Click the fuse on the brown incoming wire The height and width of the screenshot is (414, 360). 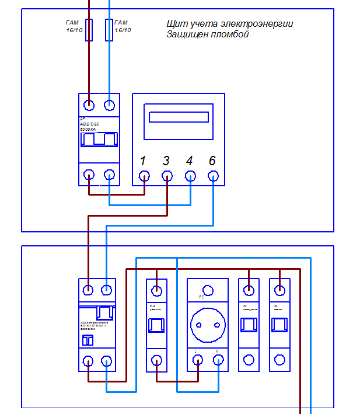[89, 30]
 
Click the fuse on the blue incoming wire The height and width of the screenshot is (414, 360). [109, 30]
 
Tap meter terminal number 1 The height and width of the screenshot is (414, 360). [144, 175]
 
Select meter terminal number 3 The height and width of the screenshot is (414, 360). [167, 175]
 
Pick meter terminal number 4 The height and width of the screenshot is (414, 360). [190, 175]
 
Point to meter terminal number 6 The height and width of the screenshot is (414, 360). [213, 175]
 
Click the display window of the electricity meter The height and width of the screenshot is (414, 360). [179, 117]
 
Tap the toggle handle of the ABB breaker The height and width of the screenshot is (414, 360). [99, 140]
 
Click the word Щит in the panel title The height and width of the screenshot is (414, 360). [174, 24]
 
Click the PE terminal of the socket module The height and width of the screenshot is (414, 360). [207, 290]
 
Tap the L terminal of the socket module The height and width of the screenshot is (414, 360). [198, 361]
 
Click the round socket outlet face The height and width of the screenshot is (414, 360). [207, 325]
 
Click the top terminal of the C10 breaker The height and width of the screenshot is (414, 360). [156, 290]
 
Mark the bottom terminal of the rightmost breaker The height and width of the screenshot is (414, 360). [279, 360]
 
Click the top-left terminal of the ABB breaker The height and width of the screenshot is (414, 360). [89, 105]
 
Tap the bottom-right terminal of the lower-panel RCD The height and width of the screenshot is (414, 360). [107, 361]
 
